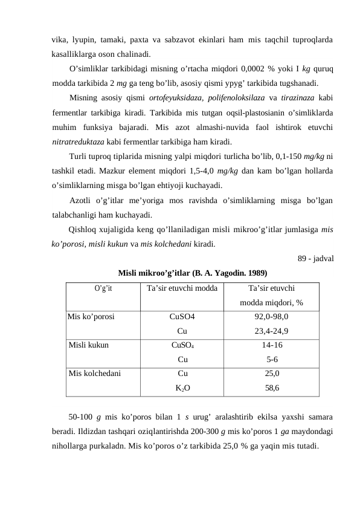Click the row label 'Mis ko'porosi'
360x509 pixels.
tap(92, 316)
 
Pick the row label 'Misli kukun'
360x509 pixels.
tap(89, 346)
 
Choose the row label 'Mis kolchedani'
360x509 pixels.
tap(95, 374)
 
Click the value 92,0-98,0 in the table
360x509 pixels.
tap(272, 316)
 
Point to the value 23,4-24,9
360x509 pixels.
tap(272, 331)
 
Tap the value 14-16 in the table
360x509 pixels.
tap(272, 346)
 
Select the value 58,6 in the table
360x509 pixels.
tap(272, 389)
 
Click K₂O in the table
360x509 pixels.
tap(182, 389)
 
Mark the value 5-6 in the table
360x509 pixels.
tap(272, 360)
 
